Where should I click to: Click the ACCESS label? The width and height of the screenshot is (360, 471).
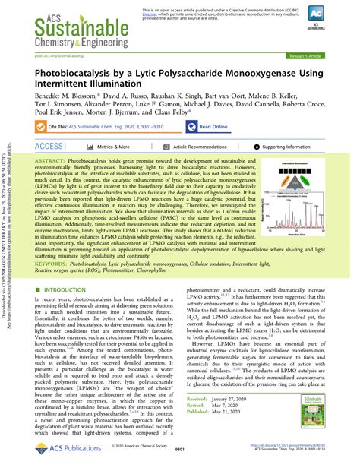[x=49, y=146]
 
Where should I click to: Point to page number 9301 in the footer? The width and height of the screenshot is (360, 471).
[x=179, y=450]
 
